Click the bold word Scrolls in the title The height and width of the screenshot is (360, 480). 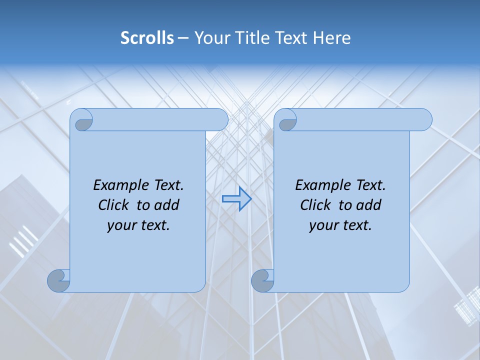147,38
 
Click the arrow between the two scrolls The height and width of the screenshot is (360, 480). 236,199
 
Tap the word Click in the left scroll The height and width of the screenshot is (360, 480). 113,205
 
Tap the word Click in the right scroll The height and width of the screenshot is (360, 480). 315,205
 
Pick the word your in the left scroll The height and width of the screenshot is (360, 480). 120,225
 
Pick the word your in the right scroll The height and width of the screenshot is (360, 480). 322,225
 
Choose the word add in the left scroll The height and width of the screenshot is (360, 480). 167,205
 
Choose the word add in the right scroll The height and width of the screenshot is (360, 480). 369,205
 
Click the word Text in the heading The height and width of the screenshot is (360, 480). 292,38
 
